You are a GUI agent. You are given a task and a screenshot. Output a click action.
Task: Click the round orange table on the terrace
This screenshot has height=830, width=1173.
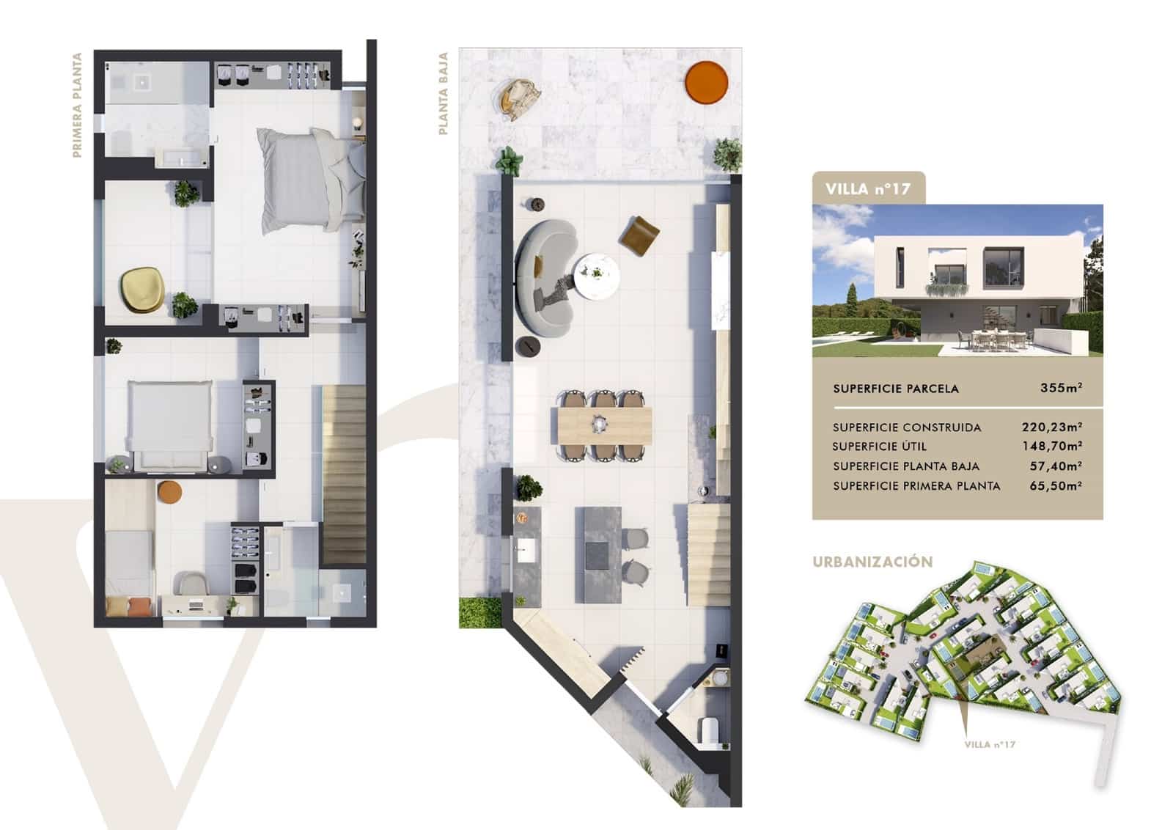pyautogui.click(x=707, y=81)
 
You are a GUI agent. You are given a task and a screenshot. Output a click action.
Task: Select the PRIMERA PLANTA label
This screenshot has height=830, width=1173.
pyautogui.click(x=77, y=105)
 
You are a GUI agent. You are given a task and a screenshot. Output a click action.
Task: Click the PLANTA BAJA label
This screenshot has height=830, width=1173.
pyautogui.click(x=443, y=93)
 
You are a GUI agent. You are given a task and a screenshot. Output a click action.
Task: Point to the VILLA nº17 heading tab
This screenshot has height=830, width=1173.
pyautogui.click(x=868, y=188)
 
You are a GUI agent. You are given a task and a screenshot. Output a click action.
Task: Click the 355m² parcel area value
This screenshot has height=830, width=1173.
pyautogui.click(x=1061, y=388)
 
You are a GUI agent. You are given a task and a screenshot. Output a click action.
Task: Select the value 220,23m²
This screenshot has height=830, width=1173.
pyautogui.click(x=1052, y=427)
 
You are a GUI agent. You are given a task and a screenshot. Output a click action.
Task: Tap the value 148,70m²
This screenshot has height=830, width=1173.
pyautogui.click(x=1052, y=446)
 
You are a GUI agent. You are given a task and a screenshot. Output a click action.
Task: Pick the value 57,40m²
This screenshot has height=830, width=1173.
pyautogui.click(x=1056, y=466)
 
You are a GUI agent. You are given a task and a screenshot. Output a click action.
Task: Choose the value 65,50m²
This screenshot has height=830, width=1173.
pyautogui.click(x=1056, y=485)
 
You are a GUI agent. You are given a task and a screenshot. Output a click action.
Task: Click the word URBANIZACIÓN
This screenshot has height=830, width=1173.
pyautogui.click(x=872, y=562)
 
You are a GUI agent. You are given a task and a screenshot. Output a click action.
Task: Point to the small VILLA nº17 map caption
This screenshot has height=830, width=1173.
pyautogui.click(x=990, y=745)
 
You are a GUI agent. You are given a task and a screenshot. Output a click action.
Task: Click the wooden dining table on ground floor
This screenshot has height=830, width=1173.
pyautogui.click(x=604, y=425)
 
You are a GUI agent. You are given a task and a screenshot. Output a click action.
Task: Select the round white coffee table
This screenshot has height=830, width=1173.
pyautogui.click(x=596, y=275)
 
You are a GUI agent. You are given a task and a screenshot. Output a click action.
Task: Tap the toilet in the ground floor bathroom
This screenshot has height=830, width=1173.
pyautogui.click(x=709, y=731)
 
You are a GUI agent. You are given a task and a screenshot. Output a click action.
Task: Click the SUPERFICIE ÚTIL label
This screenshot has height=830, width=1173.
pyautogui.click(x=880, y=447)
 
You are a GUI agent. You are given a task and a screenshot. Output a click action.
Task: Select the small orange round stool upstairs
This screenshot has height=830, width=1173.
pyautogui.click(x=169, y=492)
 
